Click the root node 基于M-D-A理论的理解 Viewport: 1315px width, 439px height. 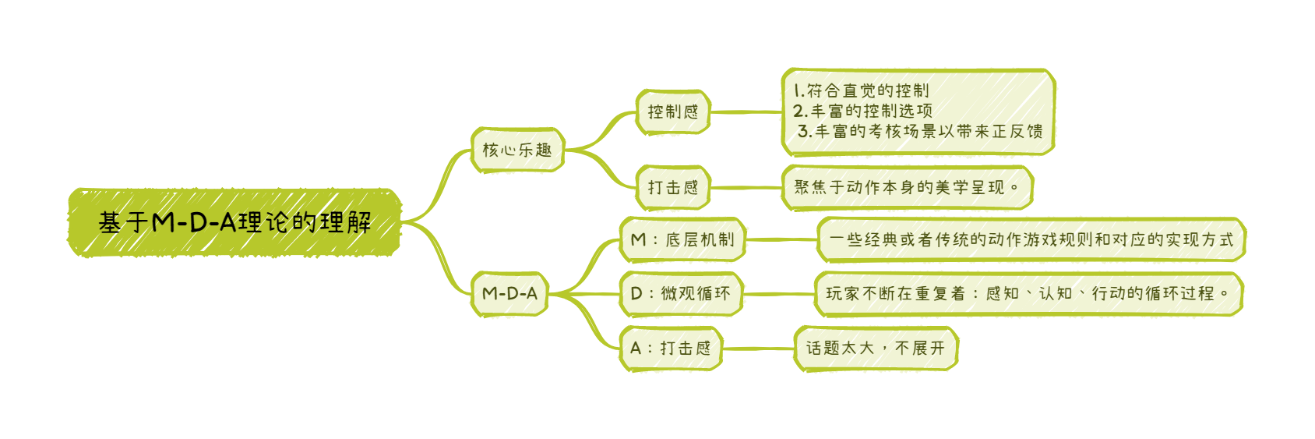click(234, 223)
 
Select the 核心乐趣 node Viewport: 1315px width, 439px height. click(517, 150)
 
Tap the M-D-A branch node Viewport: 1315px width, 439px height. click(509, 294)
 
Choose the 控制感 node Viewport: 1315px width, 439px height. click(673, 112)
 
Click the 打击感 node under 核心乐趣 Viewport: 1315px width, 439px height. click(673, 188)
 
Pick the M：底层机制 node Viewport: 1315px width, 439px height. click(682, 239)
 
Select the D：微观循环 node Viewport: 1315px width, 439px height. click(681, 294)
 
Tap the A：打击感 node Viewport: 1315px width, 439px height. click(671, 348)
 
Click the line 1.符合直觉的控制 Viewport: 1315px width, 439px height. click(861, 90)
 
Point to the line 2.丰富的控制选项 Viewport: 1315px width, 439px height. click(862, 111)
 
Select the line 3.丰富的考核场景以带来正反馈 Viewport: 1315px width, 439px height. click(919, 131)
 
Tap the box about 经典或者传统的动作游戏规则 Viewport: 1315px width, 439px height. click(1031, 240)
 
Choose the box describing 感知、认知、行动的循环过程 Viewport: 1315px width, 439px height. click(1028, 294)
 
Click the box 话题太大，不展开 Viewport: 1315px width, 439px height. click(876, 348)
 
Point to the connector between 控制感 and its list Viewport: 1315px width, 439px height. click(746, 112)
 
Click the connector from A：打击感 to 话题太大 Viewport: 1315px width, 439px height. click(758, 348)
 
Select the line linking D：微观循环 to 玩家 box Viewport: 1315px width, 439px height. click(778, 294)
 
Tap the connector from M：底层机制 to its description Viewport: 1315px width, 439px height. click(781, 239)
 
